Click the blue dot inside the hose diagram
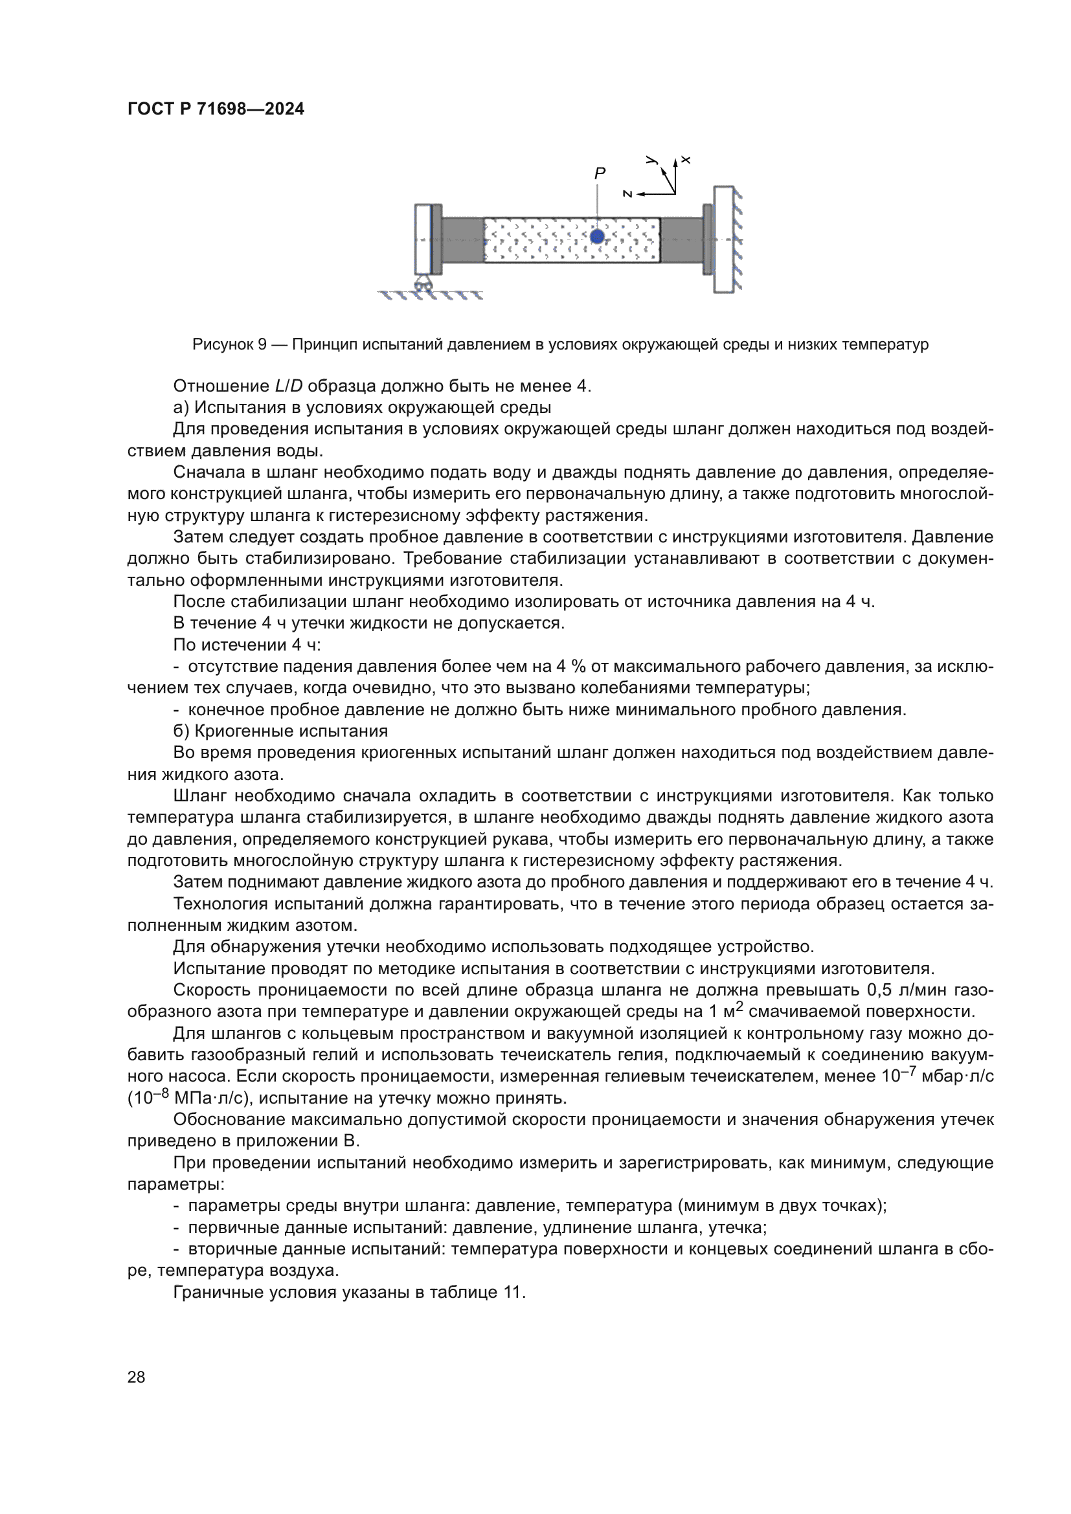coord(597,236)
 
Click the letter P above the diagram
coord(600,173)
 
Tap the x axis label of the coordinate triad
coord(686,160)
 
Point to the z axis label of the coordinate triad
coord(628,194)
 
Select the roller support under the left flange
coord(422,284)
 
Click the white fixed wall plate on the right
coord(723,239)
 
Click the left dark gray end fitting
coord(462,239)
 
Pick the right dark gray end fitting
coord(682,239)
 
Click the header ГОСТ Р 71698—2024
coord(216,109)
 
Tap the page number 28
coord(136,1377)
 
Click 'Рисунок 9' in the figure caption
coord(229,344)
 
